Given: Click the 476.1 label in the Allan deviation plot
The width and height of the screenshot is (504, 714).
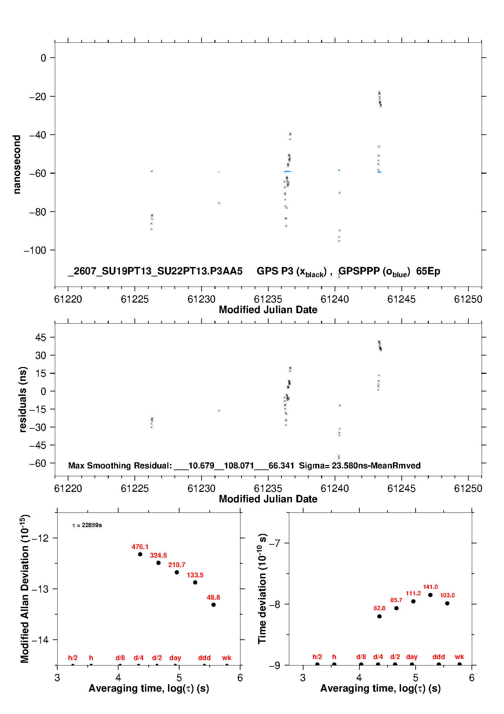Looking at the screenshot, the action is tap(140, 547).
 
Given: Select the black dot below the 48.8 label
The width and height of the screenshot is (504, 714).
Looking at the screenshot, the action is tap(213, 605).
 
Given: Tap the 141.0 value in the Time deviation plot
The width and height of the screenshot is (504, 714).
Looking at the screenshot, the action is tap(430, 587).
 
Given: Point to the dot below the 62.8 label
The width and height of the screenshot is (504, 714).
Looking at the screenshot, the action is tap(379, 616).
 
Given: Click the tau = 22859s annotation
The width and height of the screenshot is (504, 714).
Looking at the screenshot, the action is tap(87, 525).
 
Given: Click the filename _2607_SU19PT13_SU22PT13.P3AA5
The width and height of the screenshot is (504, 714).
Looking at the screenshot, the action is tap(155, 271).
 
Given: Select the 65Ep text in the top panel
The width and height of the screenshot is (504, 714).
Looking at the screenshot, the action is tap(428, 271).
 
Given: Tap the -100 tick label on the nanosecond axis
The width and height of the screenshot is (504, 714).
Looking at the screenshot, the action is tap(35, 250).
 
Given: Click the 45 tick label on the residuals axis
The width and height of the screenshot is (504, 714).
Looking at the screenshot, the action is tap(41, 337).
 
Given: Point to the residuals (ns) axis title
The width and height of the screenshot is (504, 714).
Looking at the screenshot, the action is tap(23, 399).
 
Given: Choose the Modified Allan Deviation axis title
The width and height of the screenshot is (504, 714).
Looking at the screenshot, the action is tap(24, 589).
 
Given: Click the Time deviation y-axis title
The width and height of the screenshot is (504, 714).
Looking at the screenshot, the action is tap(262, 588).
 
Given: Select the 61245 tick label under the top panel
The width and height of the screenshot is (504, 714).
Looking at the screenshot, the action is tap(401, 299).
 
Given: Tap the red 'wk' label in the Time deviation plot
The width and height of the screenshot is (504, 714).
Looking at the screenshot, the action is tap(459, 657).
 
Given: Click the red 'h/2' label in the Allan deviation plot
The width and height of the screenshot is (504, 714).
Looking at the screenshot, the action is tap(73, 658).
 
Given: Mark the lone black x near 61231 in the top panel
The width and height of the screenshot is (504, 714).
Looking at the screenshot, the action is tap(219, 203).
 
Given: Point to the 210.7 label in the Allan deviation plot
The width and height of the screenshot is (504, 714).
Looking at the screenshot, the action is tap(177, 565).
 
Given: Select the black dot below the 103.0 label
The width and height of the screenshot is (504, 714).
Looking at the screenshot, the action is tap(447, 603).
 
